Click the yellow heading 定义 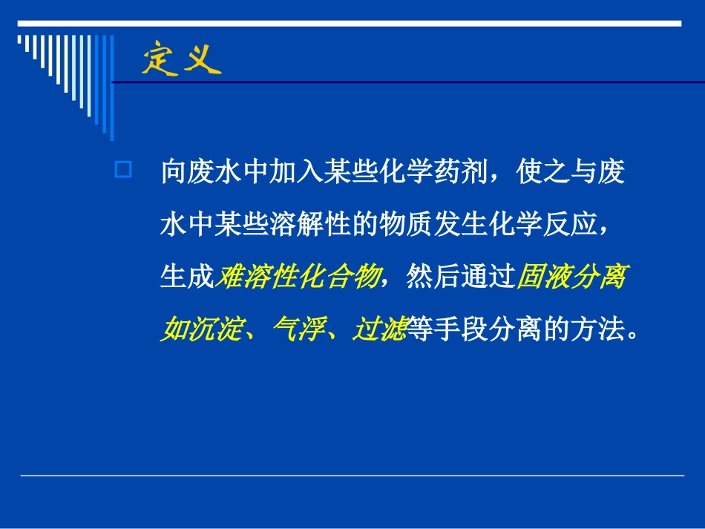coord(182,59)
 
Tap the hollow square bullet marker coord(123,171)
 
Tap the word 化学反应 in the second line coord(542,225)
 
